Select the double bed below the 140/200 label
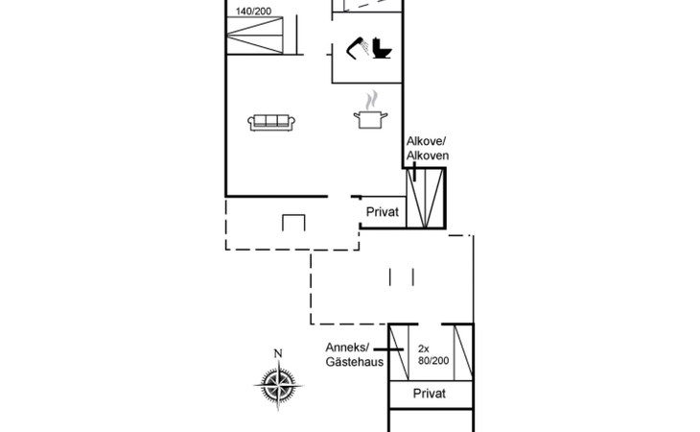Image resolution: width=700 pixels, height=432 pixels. click(x=257, y=41)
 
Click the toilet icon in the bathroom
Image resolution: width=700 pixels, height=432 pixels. click(x=382, y=48)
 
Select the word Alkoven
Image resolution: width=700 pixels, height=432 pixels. click(x=428, y=156)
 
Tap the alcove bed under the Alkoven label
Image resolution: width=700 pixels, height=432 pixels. click(x=427, y=198)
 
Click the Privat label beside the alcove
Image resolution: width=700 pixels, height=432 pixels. click(x=382, y=212)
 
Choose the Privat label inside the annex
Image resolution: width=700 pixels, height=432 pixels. click(x=431, y=394)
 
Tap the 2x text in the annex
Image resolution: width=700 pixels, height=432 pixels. click(x=424, y=348)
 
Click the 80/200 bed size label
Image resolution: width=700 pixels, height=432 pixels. click(x=432, y=361)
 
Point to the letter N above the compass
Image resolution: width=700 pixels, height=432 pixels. click(x=278, y=353)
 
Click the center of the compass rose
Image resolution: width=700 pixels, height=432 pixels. click(x=278, y=386)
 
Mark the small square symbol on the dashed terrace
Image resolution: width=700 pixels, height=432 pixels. click(x=293, y=225)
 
